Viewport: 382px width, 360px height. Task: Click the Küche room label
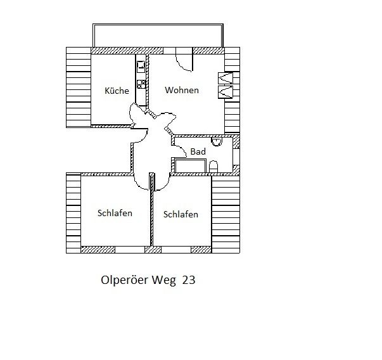tap(117, 91)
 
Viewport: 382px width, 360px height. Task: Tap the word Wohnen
tap(182, 90)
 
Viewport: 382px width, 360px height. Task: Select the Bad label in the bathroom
tap(198, 151)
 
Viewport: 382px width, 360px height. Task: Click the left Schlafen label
tap(115, 213)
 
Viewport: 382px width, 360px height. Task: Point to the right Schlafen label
tap(181, 214)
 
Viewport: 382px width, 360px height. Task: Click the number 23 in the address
tap(189, 280)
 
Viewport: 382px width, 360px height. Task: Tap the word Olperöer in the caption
tap(125, 280)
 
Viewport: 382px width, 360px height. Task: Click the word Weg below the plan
tap(163, 280)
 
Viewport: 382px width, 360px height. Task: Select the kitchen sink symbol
tap(141, 67)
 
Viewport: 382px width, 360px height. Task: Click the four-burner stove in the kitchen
tap(141, 84)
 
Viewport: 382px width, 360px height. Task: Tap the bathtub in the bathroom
tap(190, 166)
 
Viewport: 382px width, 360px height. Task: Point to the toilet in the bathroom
tap(213, 167)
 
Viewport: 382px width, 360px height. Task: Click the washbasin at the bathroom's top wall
tap(216, 141)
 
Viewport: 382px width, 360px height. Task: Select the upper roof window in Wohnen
tap(226, 78)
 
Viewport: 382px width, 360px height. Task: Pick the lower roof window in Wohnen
tap(226, 92)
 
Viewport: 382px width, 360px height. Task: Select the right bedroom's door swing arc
tap(165, 185)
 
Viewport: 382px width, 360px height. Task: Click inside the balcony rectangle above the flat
tap(158, 35)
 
